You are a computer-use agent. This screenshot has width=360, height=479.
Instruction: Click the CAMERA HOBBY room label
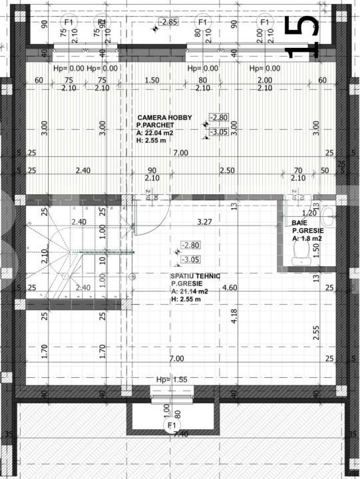coord(164,118)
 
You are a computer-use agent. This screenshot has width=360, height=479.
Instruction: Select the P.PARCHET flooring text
coord(154,125)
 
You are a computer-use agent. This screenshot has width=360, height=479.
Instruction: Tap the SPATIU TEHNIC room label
coord(195,275)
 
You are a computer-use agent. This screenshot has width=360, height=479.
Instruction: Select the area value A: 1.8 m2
coord(307,238)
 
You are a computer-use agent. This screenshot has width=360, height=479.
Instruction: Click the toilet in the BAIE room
coord(300,252)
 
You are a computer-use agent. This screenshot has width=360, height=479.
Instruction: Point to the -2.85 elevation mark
coord(170,21)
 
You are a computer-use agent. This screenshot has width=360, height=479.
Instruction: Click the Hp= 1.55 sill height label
coord(172,379)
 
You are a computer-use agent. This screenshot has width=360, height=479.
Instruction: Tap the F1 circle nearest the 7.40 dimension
coord(172,425)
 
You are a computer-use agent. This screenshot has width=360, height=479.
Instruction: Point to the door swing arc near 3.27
coord(148,220)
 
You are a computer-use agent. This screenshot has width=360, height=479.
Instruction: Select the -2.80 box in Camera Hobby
coord(219,118)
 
